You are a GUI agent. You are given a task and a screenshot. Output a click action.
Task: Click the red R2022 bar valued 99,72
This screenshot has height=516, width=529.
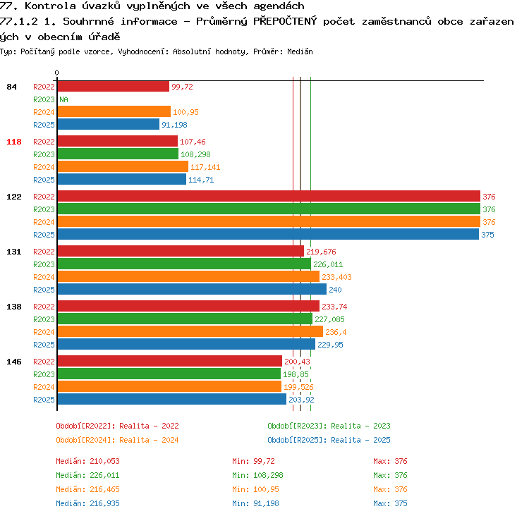[x=114, y=86]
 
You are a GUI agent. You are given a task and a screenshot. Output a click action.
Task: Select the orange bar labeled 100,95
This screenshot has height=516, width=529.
[x=114, y=111]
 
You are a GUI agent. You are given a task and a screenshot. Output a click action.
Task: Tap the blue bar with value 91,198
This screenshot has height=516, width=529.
[x=109, y=125]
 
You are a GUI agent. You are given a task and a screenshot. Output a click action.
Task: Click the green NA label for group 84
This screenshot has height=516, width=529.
[x=63, y=99]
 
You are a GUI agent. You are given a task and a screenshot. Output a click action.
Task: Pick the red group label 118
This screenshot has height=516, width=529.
[x=14, y=142]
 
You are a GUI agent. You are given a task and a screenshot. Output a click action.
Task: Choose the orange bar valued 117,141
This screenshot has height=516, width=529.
[x=123, y=166]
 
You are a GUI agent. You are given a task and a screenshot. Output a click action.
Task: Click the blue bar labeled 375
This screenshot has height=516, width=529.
[x=268, y=235]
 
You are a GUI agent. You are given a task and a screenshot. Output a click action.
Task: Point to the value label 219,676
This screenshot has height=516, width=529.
[x=321, y=252]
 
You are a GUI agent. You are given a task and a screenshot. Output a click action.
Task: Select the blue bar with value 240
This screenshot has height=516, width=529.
[x=192, y=289]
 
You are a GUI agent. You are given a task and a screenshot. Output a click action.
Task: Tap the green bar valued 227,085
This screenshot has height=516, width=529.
[x=185, y=319]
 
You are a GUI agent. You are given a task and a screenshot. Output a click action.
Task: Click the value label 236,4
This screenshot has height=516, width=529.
[x=336, y=332]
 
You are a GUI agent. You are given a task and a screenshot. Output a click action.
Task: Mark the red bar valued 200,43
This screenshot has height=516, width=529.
[x=170, y=361]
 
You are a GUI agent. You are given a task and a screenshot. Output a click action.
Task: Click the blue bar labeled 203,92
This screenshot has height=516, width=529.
[x=172, y=399]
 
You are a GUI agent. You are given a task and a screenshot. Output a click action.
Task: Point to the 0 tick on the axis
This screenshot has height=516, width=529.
[x=56, y=73]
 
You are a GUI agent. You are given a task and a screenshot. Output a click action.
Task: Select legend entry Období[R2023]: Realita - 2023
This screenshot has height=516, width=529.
[x=329, y=426]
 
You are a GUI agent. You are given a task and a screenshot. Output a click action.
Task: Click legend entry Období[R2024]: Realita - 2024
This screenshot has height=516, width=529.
[x=117, y=440]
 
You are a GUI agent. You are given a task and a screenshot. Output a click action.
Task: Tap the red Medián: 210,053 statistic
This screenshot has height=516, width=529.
[x=87, y=461]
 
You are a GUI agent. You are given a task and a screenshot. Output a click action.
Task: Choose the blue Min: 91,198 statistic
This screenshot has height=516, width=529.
[x=256, y=503]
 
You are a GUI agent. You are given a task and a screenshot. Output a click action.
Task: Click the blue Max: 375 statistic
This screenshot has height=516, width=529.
[x=390, y=503]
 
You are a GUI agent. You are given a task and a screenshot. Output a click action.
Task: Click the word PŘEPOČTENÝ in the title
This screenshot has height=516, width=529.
[x=285, y=21]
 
